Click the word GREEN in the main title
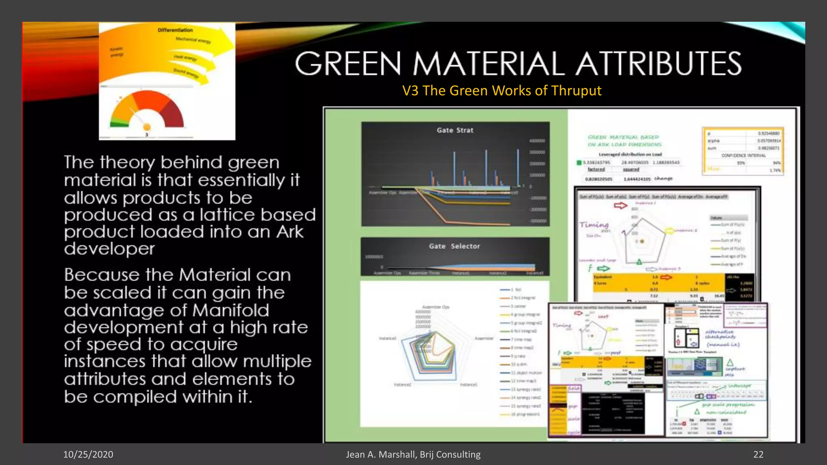(x=348, y=64)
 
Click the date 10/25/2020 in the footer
(x=88, y=455)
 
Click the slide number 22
(x=758, y=455)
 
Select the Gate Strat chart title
(x=455, y=130)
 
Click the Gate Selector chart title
(x=454, y=246)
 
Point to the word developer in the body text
(x=109, y=249)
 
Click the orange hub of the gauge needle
(x=147, y=127)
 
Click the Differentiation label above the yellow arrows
(x=175, y=30)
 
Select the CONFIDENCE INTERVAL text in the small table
(x=743, y=155)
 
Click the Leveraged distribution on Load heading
(x=630, y=154)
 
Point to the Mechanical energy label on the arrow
(x=193, y=40)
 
